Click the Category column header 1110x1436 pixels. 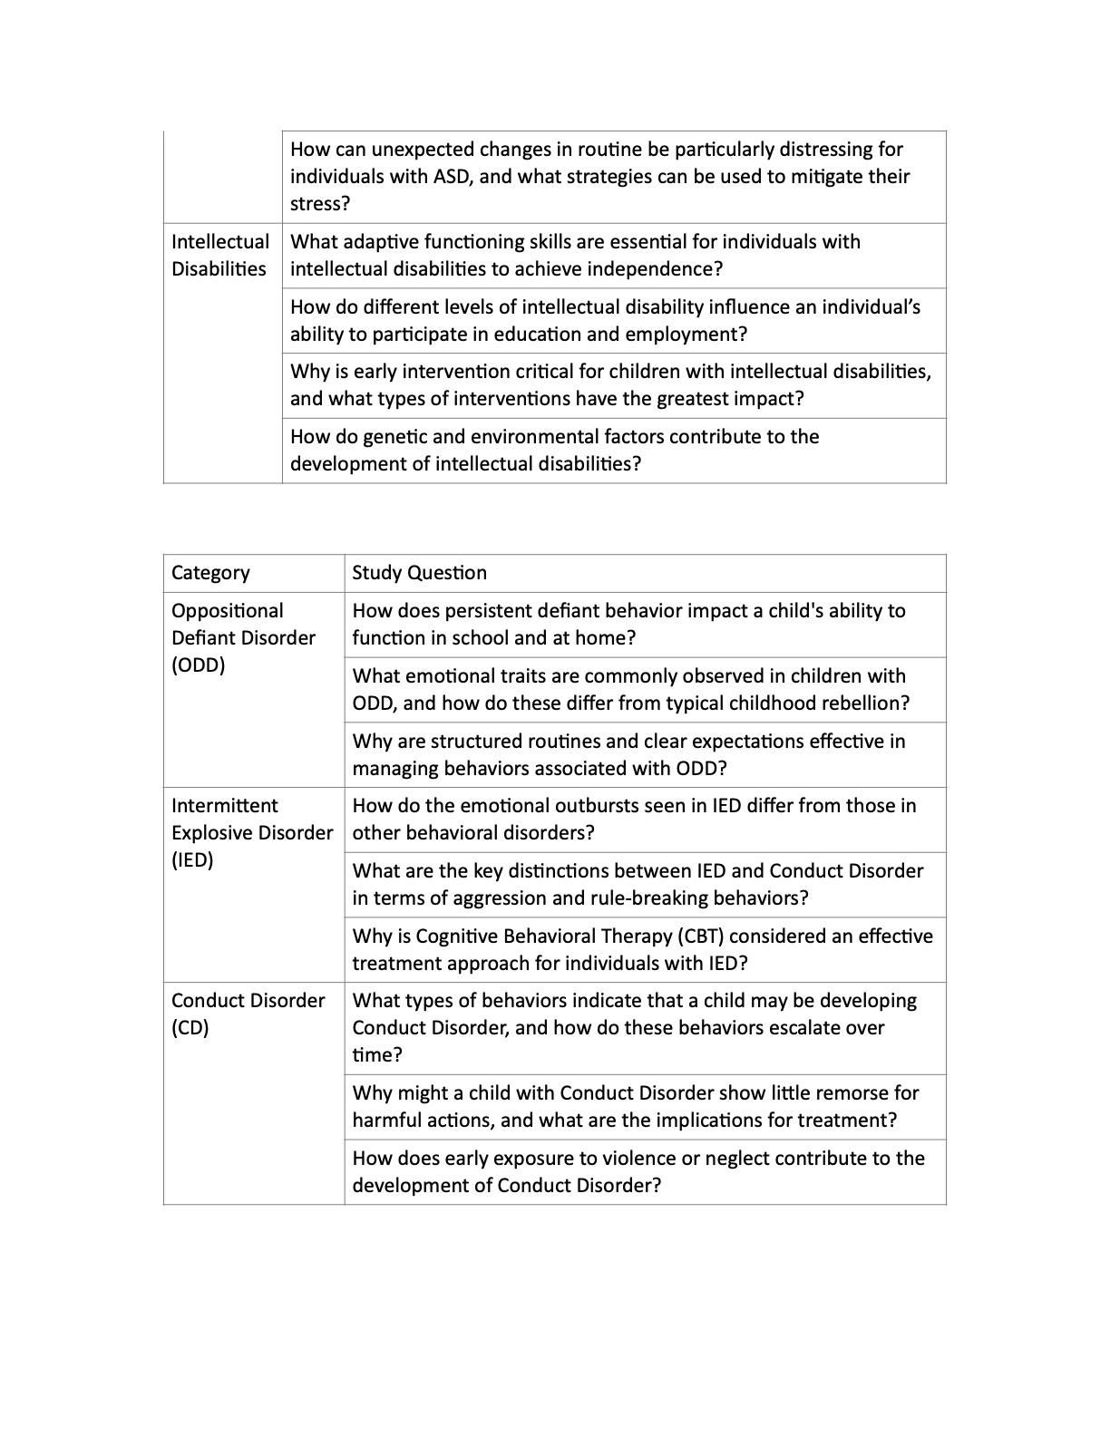click(x=210, y=573)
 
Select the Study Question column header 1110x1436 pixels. click(x=419, y=573)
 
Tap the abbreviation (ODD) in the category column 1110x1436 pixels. click(x=198, y=665)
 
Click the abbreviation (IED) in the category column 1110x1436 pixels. click(x=192, y=860)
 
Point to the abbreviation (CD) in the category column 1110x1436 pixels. click(x=190, y=1028)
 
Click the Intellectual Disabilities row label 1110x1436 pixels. click(x=220, y=256)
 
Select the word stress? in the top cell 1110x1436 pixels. click(x=319, y=204)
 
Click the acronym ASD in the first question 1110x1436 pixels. click(x=454, y=177)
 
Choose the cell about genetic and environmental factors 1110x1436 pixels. click(x=613, y=451)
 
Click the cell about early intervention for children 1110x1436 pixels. click(x=613, y=385)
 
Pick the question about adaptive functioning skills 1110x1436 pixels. click(x=613, y=256)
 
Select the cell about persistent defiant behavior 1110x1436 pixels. click(x=644, y=625)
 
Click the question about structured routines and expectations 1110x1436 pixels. click(x=644, y=754)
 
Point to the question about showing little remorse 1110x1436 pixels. click(x=644, y=1106)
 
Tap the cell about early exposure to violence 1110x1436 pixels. click(x=644, y=1171)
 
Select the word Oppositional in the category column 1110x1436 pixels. click(x=227, y=611)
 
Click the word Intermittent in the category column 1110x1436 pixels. click(x=225, y=806)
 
